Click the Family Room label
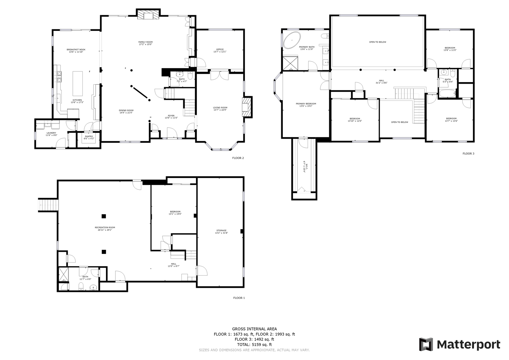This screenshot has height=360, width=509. (145, 43)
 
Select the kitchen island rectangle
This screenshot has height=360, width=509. (78, 83)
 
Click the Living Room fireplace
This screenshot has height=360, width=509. (247, 107)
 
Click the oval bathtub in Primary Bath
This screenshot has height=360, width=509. (292, 39)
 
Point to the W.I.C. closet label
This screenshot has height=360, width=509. (304, 167)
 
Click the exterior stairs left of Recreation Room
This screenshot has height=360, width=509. (48, 205)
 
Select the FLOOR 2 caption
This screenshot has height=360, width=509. (238, 158)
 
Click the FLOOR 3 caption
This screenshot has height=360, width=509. (468, 153)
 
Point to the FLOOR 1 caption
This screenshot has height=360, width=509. (239, 298)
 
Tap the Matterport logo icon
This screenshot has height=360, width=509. (426, 344)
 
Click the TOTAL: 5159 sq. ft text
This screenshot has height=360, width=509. (254, 344)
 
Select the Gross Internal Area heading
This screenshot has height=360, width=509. (254, 329)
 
